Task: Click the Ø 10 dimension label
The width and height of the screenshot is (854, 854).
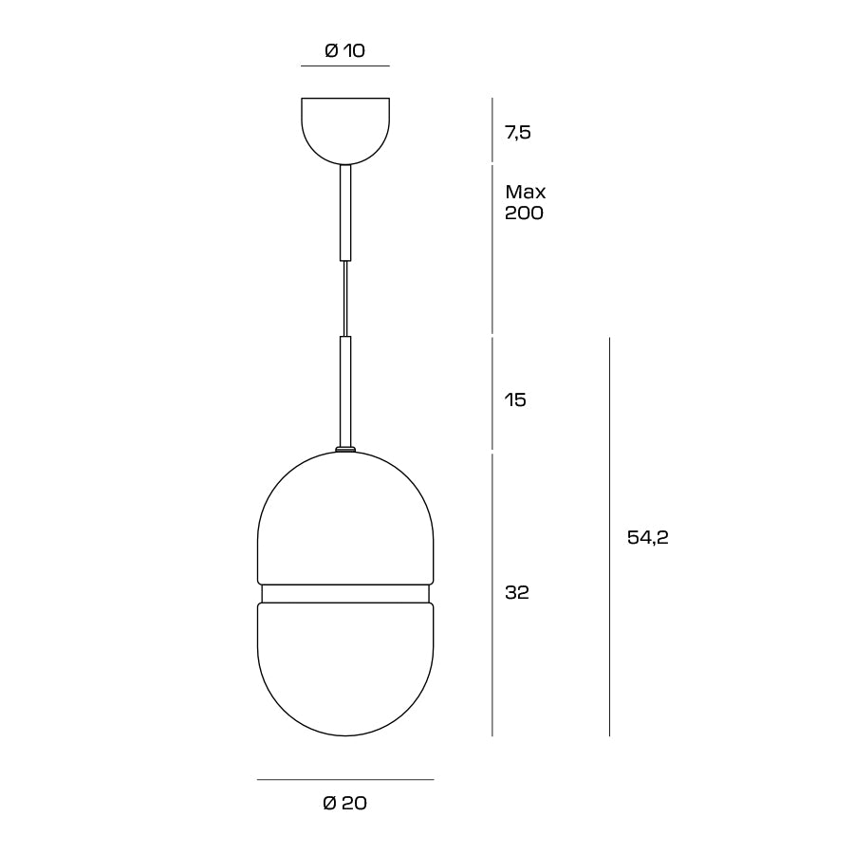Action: pyautogui.click(x=344, y=51)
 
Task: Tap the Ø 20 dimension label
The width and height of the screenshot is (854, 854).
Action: pyautogui.click(x=344, y=804)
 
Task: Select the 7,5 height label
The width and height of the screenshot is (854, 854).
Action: pyautogui.click(x=518, y=133)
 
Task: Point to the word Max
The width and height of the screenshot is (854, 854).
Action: pyautogui.click(x=526, y=193)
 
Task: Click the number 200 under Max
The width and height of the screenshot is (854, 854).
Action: pyautogui.click(x=525, y=213)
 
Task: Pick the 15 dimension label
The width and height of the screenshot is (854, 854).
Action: pyautogui.click(x=515, y=400)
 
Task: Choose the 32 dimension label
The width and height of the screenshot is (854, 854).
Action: pyautogui.click(x=517, y=593)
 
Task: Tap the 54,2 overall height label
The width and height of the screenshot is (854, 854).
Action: pyautogui.click(x=648, y=538)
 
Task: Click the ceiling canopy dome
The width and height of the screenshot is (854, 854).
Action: pyautogui.click(x=345, y=128)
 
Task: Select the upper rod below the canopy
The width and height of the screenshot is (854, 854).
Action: pyautogui.click(x=345, y=213)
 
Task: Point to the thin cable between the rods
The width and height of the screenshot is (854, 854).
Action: pyautogui.click(x=345, y=298)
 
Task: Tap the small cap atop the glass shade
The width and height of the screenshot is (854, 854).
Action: pyautogui.click(x=345, y=450)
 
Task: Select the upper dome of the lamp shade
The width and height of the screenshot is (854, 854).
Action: pyautogui.click(x=345, y=522)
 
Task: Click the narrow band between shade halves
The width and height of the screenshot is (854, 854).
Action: pyautogui.click(x=345, y=593)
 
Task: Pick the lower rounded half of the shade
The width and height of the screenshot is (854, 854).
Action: pyautogui.click(x=345, y=674)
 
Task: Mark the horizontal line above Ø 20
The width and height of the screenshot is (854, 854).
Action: pyautogui.click(x=345, y=780)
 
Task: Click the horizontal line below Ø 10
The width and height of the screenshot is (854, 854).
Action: pyautogui.click(x=345, y=66)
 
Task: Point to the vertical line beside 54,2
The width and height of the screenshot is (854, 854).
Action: pyautogui.click(x=609, y=536)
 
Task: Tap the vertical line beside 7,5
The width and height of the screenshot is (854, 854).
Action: pyautogui.click(x=492, y=130)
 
